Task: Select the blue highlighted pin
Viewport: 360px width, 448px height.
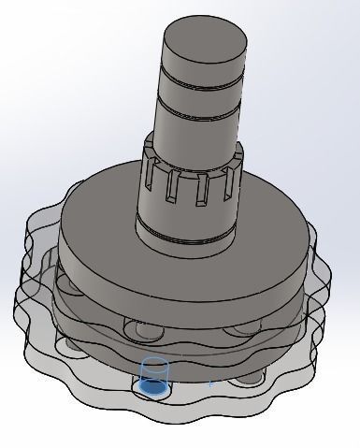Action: (152, 378)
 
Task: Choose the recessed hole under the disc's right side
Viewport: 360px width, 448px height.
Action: (245, 327)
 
